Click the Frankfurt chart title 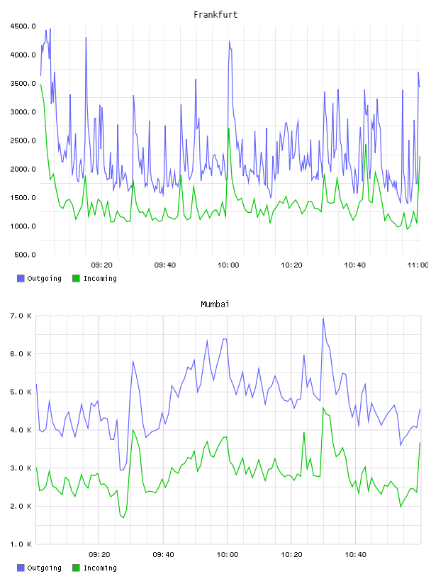pos(216,14)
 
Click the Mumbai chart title pos(215,304)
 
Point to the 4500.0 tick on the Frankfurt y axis pos(23,26)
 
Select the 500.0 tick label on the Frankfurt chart pos(25,255)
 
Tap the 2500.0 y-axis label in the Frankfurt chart pos(23,140)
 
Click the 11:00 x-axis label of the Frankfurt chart pos(418,265)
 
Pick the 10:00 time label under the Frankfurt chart pos(228,265)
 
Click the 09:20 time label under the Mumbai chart pos(99,554)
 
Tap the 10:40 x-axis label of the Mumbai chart pos(355,554)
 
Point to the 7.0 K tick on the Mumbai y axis pos(21,316)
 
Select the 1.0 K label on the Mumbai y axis pos(21,544)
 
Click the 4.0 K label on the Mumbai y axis pos(21,430)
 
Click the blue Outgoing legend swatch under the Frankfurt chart pos(21,278)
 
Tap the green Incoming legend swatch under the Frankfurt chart pos(76,278)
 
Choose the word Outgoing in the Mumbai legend pos(44,568)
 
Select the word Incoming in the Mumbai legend pos(100,568)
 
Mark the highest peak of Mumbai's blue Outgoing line pos(323,319)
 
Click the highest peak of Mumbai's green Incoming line pos(323,408)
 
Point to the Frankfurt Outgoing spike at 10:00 pos(229,40)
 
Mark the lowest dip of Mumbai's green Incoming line pos(123,518)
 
